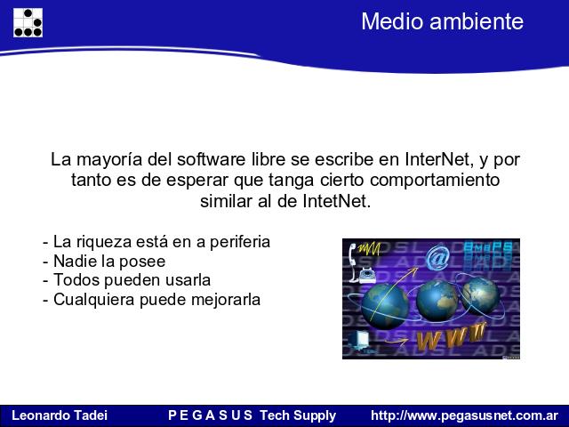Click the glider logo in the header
pos(28,22)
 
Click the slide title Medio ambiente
pos(443,21)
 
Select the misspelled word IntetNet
pos(337,201)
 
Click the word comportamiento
pos(435,181)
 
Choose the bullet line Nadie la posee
pos(104,262)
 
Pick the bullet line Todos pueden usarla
pos(126,280)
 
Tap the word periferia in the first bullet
pos(240,242)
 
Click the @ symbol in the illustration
pos(437,258)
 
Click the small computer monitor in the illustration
pos(359,340)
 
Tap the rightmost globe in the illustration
pos(480,295)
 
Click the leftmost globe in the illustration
pos(385,306)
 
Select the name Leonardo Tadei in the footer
pos(60,415)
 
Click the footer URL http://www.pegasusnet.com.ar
pos(465,415)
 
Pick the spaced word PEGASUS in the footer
pos(210,415)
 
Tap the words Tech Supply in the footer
pos(298,415)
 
